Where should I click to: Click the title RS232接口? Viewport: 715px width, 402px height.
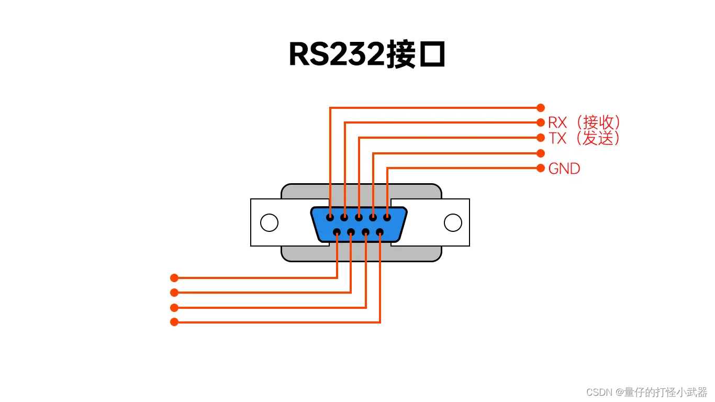(x=366, y=54)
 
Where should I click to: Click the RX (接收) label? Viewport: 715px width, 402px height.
(x=584, y=122)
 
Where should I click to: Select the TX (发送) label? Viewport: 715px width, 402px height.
(x=584, y=138)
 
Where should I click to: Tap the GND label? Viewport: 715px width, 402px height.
(x=564, y=169)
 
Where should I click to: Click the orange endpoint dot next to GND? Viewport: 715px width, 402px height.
(x=541, y=168)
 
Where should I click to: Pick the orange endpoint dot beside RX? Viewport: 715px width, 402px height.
(x=541, y=122)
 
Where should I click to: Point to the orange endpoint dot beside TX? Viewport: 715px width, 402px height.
(x=541, y=138)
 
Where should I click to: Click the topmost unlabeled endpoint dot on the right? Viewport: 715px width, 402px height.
(x=541, y=108)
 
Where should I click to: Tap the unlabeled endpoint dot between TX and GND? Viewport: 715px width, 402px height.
(x=541, y=153)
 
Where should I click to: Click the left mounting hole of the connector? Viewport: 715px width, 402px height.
(x=269, y=222)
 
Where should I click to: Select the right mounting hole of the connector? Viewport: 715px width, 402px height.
(x=453, y=222)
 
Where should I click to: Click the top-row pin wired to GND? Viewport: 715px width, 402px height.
(x=387, y=217)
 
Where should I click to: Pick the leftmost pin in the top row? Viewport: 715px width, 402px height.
(x=330, y=217)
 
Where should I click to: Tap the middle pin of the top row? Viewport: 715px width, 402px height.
(x=359, y=217)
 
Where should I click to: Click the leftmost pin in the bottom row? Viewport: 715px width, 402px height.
(x=337, y=232)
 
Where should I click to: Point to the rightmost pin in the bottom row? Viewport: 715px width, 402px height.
(x=380, y=232)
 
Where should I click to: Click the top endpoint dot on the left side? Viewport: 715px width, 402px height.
(x=174, y=278)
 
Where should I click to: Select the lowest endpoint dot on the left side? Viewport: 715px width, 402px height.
(x=174, y=322)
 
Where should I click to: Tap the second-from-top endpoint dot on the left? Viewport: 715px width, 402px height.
(x=174, y=293)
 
